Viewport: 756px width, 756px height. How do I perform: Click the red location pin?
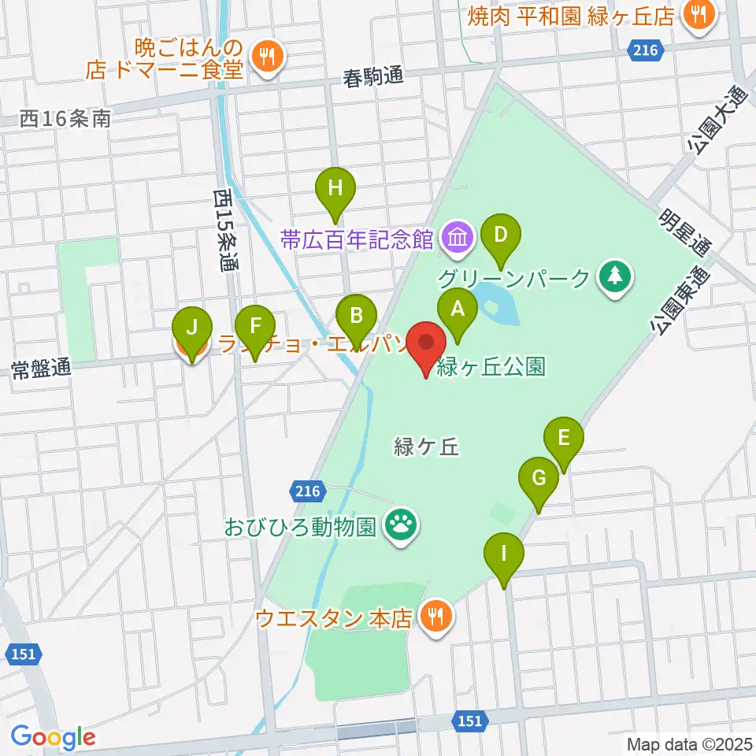[428, 345]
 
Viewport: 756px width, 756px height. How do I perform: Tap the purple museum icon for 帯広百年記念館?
[456, 236]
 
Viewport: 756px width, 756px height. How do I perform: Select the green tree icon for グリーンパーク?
[615, 276]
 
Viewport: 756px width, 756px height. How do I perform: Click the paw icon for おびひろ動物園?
[400, 524]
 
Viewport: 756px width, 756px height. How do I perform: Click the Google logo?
[54, 738]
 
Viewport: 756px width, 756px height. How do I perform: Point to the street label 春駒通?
[373, 77]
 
